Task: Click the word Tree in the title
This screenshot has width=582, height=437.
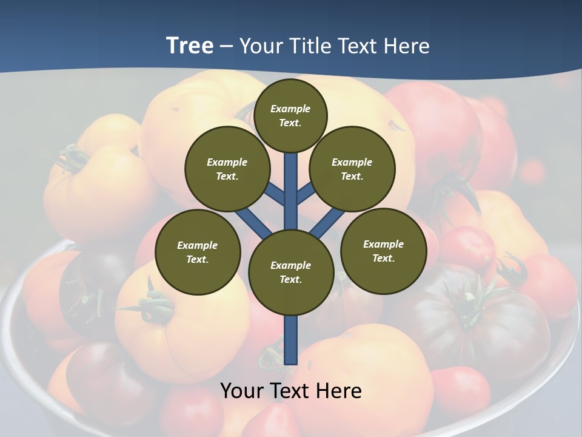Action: (190, 46)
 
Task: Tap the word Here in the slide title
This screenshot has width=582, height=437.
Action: (407, 46)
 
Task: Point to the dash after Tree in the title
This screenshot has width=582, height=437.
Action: (226, 47)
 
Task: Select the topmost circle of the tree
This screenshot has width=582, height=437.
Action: (290, 115)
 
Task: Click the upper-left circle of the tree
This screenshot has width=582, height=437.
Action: (227, 169)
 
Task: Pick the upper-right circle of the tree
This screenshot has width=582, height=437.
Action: (352, 169)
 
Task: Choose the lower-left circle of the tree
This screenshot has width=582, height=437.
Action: (198, 252)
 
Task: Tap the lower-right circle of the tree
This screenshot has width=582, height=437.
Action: (383, 251)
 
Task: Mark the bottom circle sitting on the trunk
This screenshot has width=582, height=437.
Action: (291, 272)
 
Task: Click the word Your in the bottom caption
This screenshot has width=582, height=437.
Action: (241, 391)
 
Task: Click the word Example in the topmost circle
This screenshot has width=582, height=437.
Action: (290, 109)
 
